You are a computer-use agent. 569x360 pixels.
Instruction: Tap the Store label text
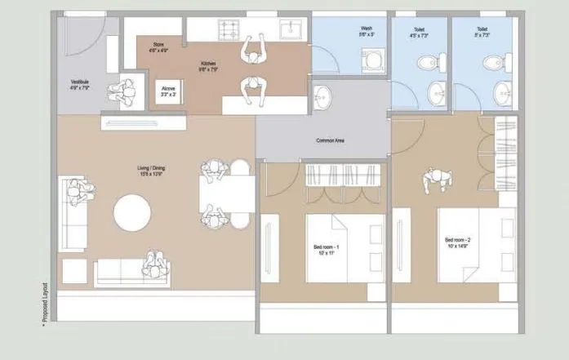(x=158, y=47)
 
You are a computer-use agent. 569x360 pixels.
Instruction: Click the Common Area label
(x=330, y=141)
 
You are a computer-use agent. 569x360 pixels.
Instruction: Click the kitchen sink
(x=291, y=30)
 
